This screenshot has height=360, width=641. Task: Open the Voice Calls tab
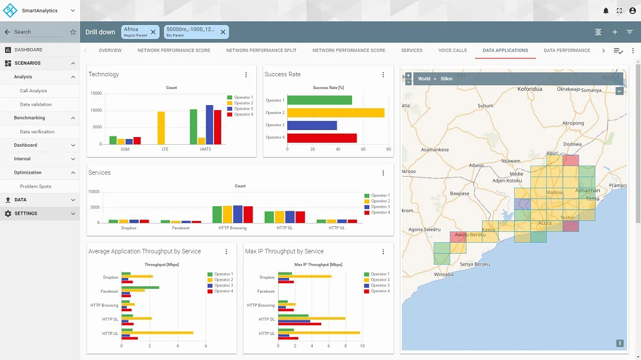(x=452, y=50)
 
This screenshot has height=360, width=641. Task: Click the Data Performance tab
(x=567, y=50)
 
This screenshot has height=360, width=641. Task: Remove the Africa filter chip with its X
(x=153, y=32)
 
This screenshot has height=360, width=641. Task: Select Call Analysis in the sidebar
(x=33, y=91)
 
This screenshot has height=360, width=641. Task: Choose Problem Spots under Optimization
(x=35, y=186)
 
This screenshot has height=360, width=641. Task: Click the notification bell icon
(x=606, y=11)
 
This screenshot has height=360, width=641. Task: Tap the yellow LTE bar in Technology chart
(x=161, y=127)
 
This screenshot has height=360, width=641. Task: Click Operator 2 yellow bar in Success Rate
(x=335, y=113)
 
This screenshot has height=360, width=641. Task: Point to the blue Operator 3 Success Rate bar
(x=312, y=125)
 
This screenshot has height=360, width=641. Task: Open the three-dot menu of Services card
(x=383, y=173)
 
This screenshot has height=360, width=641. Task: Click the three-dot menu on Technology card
(x=246, y=75)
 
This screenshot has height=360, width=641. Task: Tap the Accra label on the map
(x=544, y=224)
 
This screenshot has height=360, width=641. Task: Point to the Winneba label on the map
(x=443, y=274)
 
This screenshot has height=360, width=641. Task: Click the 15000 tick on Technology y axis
(x=96, y=94)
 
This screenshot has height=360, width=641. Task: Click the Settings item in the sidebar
(x=26, y=213)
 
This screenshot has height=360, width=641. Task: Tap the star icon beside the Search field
(x=72, y=31)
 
